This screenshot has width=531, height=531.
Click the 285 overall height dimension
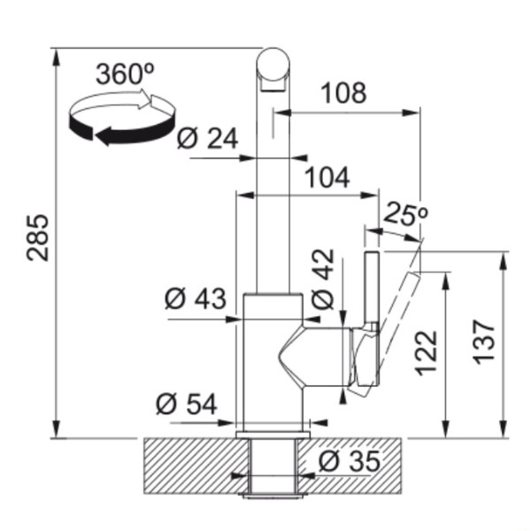[x=38, y=237]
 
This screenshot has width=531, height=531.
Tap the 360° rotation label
[x=126, y=74]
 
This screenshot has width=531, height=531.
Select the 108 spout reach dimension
[x=343, y=93]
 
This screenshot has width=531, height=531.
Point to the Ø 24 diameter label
[x=207, y=138]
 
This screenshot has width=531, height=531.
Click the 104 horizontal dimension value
[x=327, y=177]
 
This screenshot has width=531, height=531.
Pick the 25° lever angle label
[x=405, y=213]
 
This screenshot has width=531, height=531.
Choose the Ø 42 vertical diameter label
[x=323, y=279]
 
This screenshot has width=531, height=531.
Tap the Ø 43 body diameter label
[x=196, y=298]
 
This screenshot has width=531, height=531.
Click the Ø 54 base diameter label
[x=186, y=404]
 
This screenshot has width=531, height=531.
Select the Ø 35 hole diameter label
[x=350, y=461]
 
